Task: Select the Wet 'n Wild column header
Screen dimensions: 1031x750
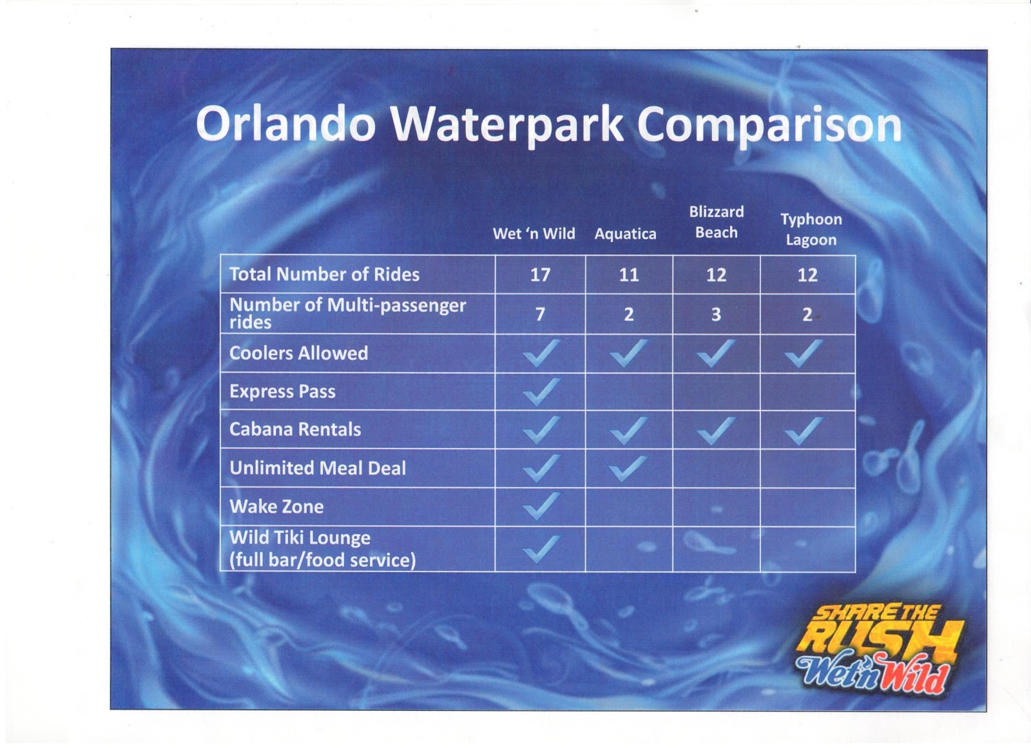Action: [x=534, y=234]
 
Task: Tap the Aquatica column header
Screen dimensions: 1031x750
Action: [x=625, y=234]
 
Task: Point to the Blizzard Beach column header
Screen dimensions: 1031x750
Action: [x=716, y=222]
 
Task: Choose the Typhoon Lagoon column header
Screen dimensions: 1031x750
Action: [x=811, y=229]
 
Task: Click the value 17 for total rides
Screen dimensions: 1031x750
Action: [x=540, y=274]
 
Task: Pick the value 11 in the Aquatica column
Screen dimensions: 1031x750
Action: [x=629, y=274]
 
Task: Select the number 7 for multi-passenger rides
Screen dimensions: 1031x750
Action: [x=540, y=314]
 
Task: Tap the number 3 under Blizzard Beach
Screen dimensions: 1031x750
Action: [x=716, y=314]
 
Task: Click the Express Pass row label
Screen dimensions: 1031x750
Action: [x=282, y=392]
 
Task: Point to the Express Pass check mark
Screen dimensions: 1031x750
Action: [x=542, y=392]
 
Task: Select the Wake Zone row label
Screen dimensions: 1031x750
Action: [x=276, y=506]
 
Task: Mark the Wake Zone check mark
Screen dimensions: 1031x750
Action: [x=542, y=506]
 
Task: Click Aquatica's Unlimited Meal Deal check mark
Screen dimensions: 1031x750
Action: [x=628, y=468]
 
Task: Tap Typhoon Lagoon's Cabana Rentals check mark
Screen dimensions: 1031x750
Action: [x=803, y=430]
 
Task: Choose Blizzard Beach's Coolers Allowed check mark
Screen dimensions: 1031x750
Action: [x=716, y=353]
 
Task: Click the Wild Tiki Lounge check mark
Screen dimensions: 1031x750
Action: [x=542, y=548]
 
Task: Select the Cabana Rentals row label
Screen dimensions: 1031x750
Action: [x=295, y=429]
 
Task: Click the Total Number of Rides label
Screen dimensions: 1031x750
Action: [x=325, y=274]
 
